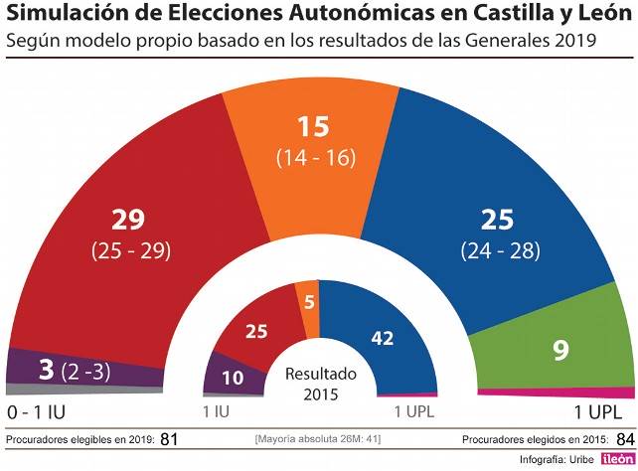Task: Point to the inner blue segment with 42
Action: coord(383,338)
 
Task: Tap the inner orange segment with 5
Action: coord(309,301)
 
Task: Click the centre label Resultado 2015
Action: coord(318,385)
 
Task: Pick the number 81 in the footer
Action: coord(168,438)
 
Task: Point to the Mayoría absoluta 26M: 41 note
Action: coord(318,438)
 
